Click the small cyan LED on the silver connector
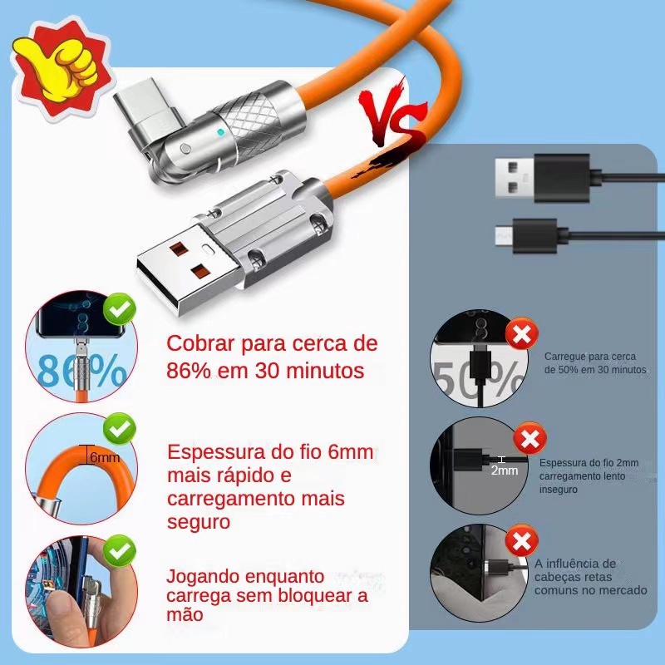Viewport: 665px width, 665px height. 220,132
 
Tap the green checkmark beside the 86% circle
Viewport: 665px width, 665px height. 120,309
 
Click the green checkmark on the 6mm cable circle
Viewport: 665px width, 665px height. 120,429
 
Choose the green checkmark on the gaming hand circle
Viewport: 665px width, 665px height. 120,550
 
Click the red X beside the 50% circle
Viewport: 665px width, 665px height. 522,335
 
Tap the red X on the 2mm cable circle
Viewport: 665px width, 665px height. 530,439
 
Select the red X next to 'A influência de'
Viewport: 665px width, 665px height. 522,541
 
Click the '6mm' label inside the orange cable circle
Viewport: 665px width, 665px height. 105,457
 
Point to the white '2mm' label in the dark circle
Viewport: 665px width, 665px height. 505,470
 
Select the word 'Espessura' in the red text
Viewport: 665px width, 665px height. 217,453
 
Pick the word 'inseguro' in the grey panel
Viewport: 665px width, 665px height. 558,490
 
